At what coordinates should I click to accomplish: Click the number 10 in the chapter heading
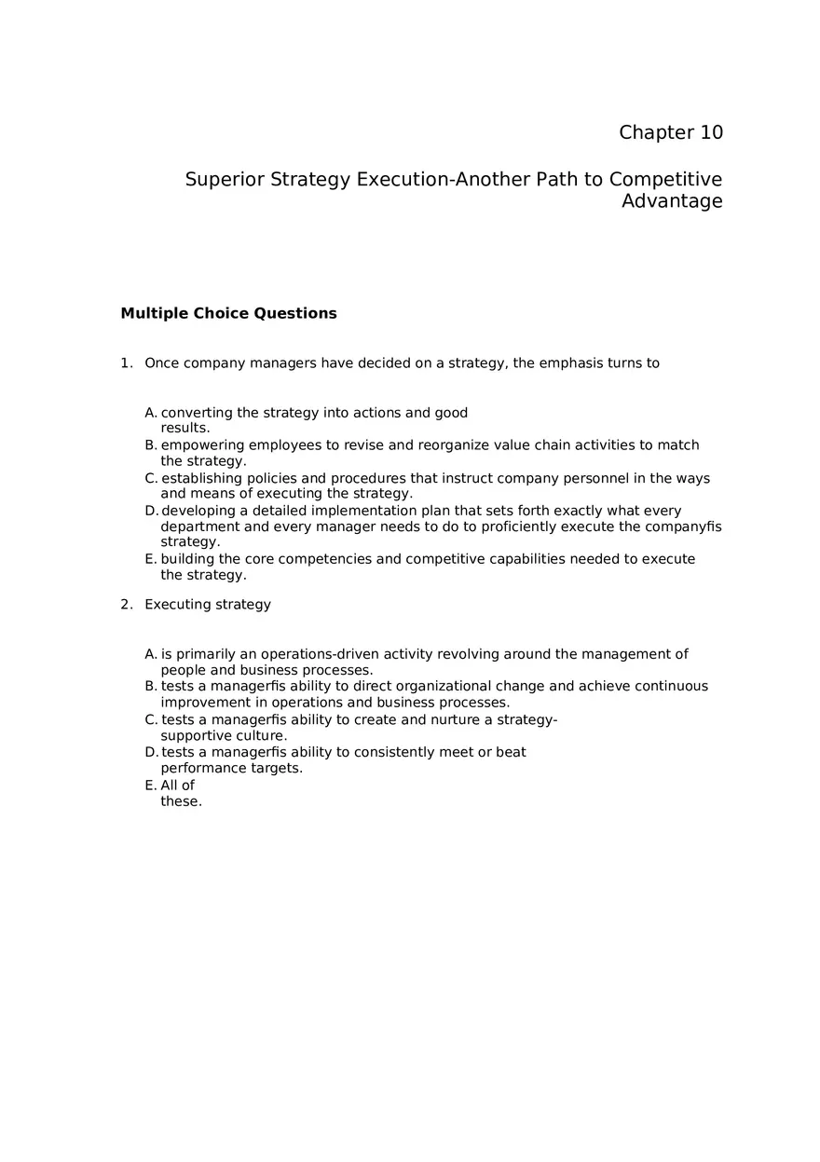click(710, 132)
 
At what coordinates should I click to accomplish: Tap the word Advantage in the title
click(672, 201)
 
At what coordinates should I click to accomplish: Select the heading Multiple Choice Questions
click(228, 313)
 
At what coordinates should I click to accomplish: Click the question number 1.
click(125, 363)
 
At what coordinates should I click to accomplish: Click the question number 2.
click(125, 605)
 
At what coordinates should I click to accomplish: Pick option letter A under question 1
click(151, 413)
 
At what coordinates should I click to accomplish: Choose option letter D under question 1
click(151, 511)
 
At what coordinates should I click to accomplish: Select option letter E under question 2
click(151, 786)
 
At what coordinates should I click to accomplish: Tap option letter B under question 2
click(151, 687)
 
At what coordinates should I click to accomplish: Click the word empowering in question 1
click(202, 445)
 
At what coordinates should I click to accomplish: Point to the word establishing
click(202, 479)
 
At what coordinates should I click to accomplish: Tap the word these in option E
click(180, 801)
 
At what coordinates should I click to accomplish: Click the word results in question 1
click(184, 429)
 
